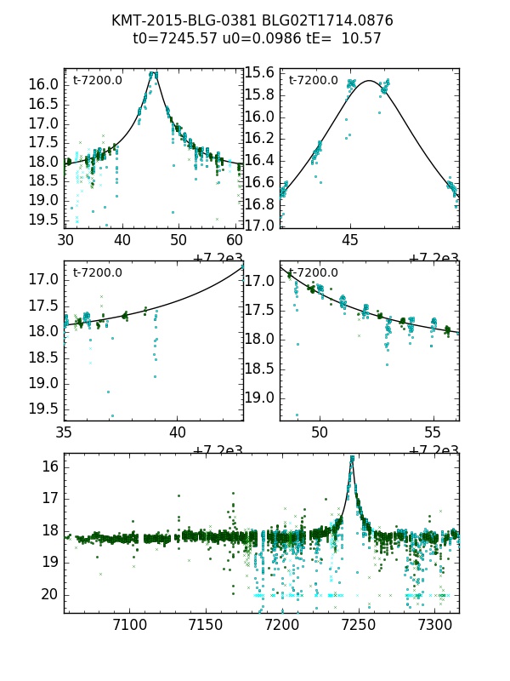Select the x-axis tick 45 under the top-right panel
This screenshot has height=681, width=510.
(350, 240)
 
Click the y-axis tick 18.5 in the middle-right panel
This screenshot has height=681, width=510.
(259, 369)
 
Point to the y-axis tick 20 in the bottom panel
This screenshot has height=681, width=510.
(49, 593)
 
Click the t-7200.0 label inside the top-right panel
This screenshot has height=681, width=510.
(313, 81)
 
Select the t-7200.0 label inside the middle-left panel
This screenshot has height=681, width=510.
(97, 273)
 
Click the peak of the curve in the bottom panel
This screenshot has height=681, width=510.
(352, 458)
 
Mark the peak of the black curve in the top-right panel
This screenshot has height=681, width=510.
(369, 81)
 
